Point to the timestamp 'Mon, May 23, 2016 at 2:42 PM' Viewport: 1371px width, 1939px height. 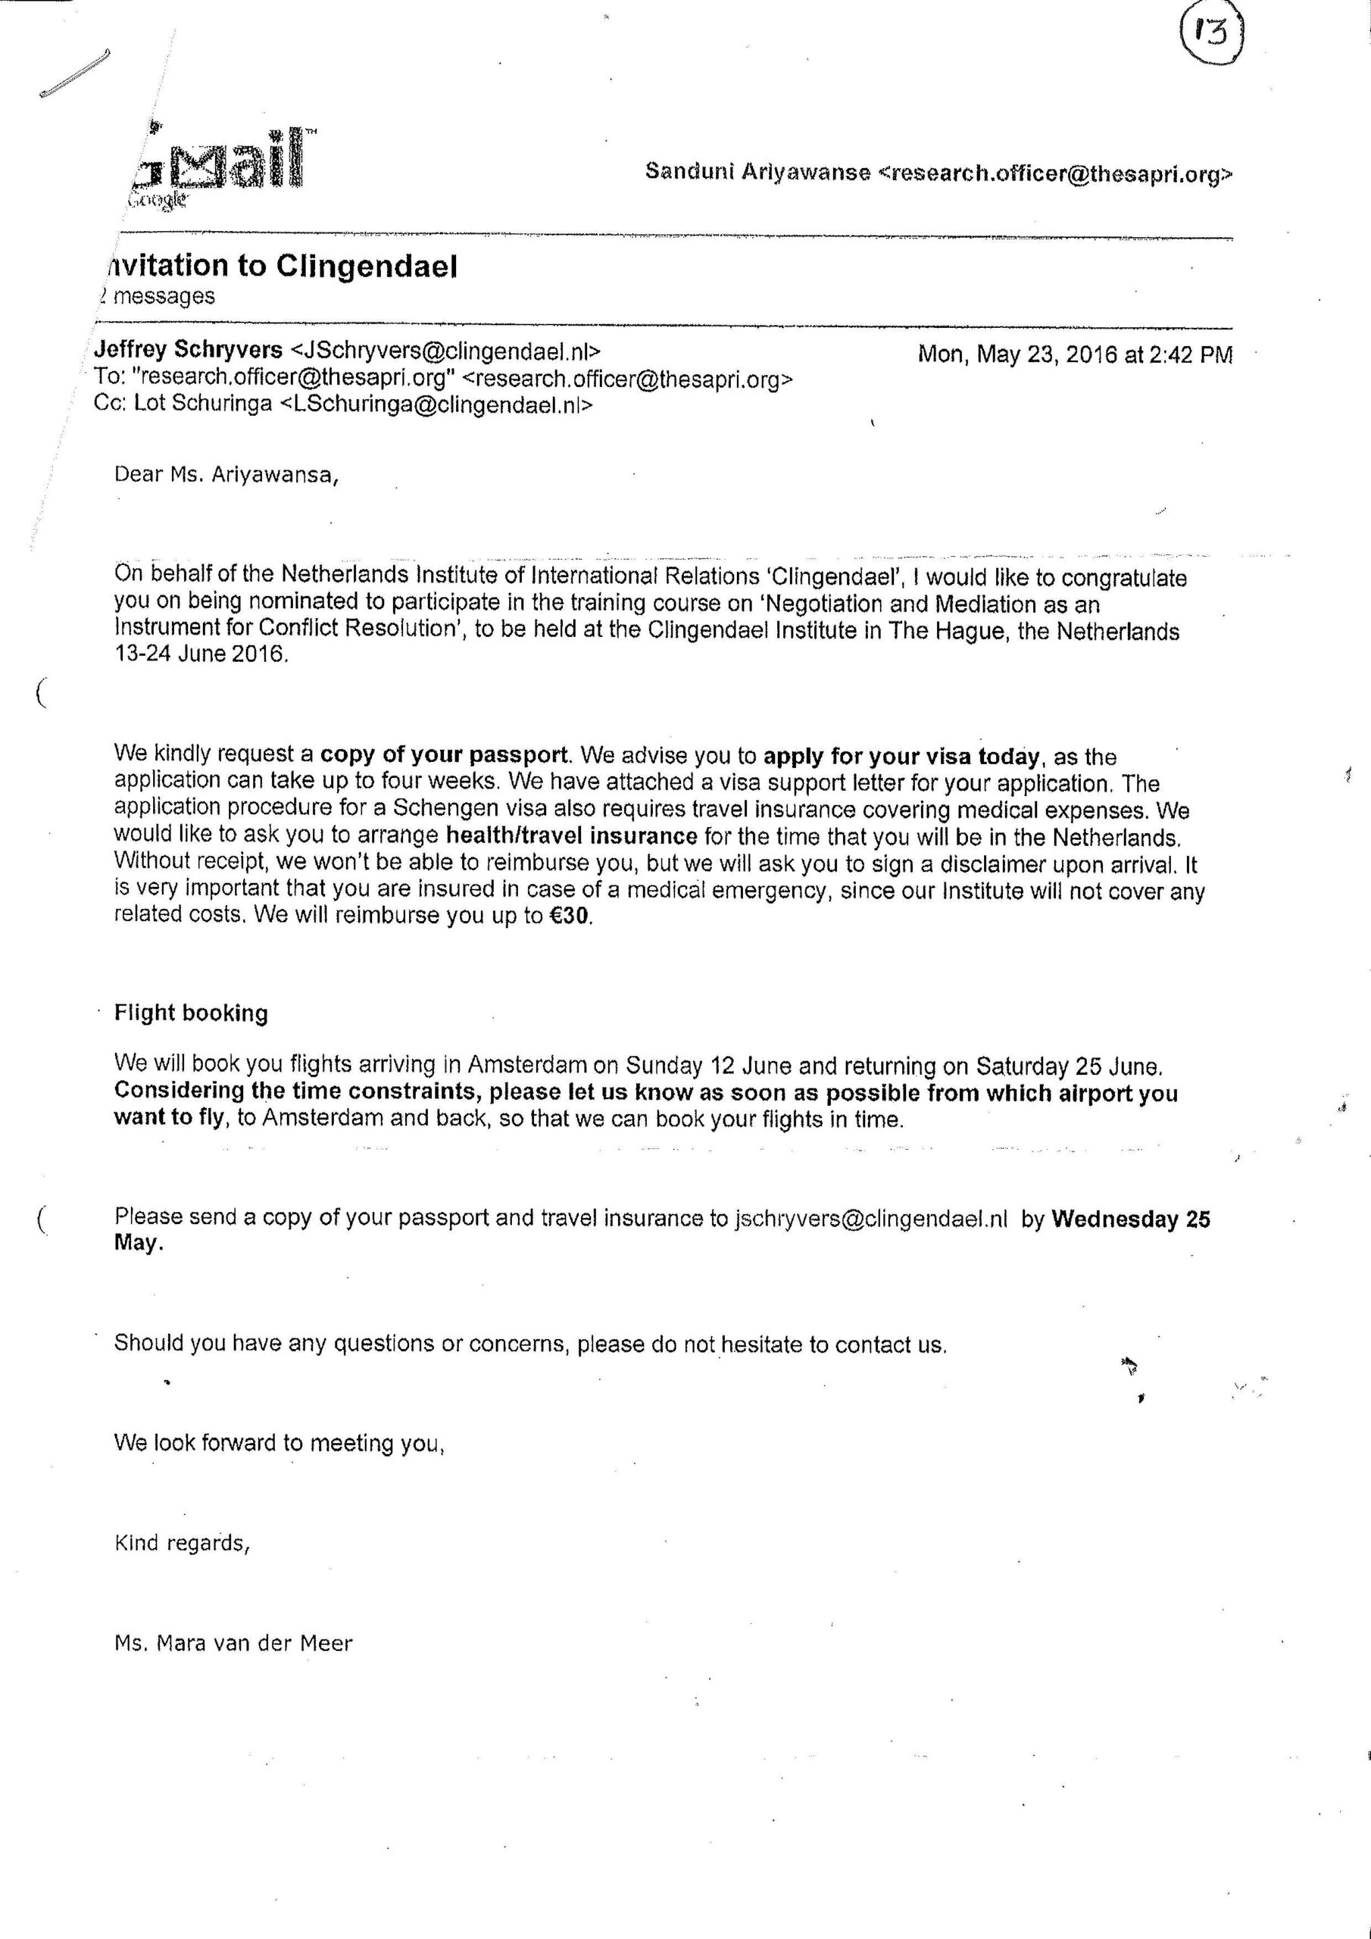1075,354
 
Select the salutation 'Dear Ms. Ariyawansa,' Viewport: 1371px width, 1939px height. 226,475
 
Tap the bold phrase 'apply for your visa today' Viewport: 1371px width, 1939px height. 901,756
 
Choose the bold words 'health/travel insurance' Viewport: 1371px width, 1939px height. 571,836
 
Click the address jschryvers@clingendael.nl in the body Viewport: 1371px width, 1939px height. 871,1219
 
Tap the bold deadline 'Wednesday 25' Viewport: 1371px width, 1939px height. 1130,1219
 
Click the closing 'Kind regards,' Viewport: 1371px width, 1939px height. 183,1543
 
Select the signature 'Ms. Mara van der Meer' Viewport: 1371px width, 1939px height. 233,1644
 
